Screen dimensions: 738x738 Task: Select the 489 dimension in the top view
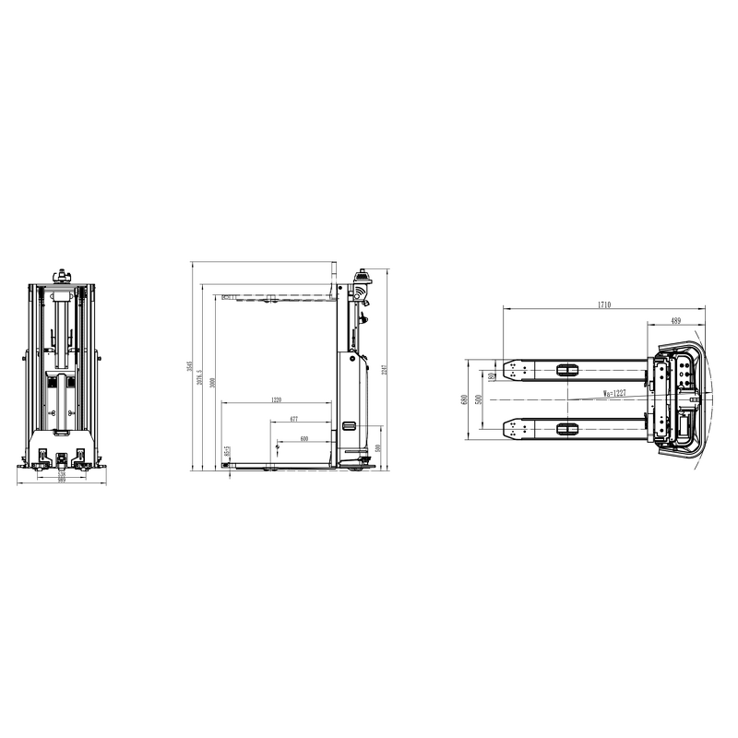(x=675, y=321)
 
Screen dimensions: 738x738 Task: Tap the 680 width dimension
(x=464, y=399)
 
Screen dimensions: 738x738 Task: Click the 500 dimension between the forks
(x=479, y=399)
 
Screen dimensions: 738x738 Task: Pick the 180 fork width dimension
(x=493, y=375)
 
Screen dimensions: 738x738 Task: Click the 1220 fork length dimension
(x=276, y=400)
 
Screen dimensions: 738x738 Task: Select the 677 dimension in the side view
(x=293, y=419)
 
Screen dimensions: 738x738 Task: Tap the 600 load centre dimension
(x=304, y=438)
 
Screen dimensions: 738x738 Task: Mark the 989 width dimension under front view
(x=62, y=481)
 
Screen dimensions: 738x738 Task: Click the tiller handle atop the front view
(x=63, y=276)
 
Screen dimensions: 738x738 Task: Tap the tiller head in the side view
(x=362, y=277)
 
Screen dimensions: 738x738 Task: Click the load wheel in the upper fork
(x=566, y=370)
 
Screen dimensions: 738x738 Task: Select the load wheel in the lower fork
(x=566, y=428)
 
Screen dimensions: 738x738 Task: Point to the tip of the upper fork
(x=506, y=370)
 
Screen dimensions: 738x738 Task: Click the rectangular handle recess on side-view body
(x=349, y=425)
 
